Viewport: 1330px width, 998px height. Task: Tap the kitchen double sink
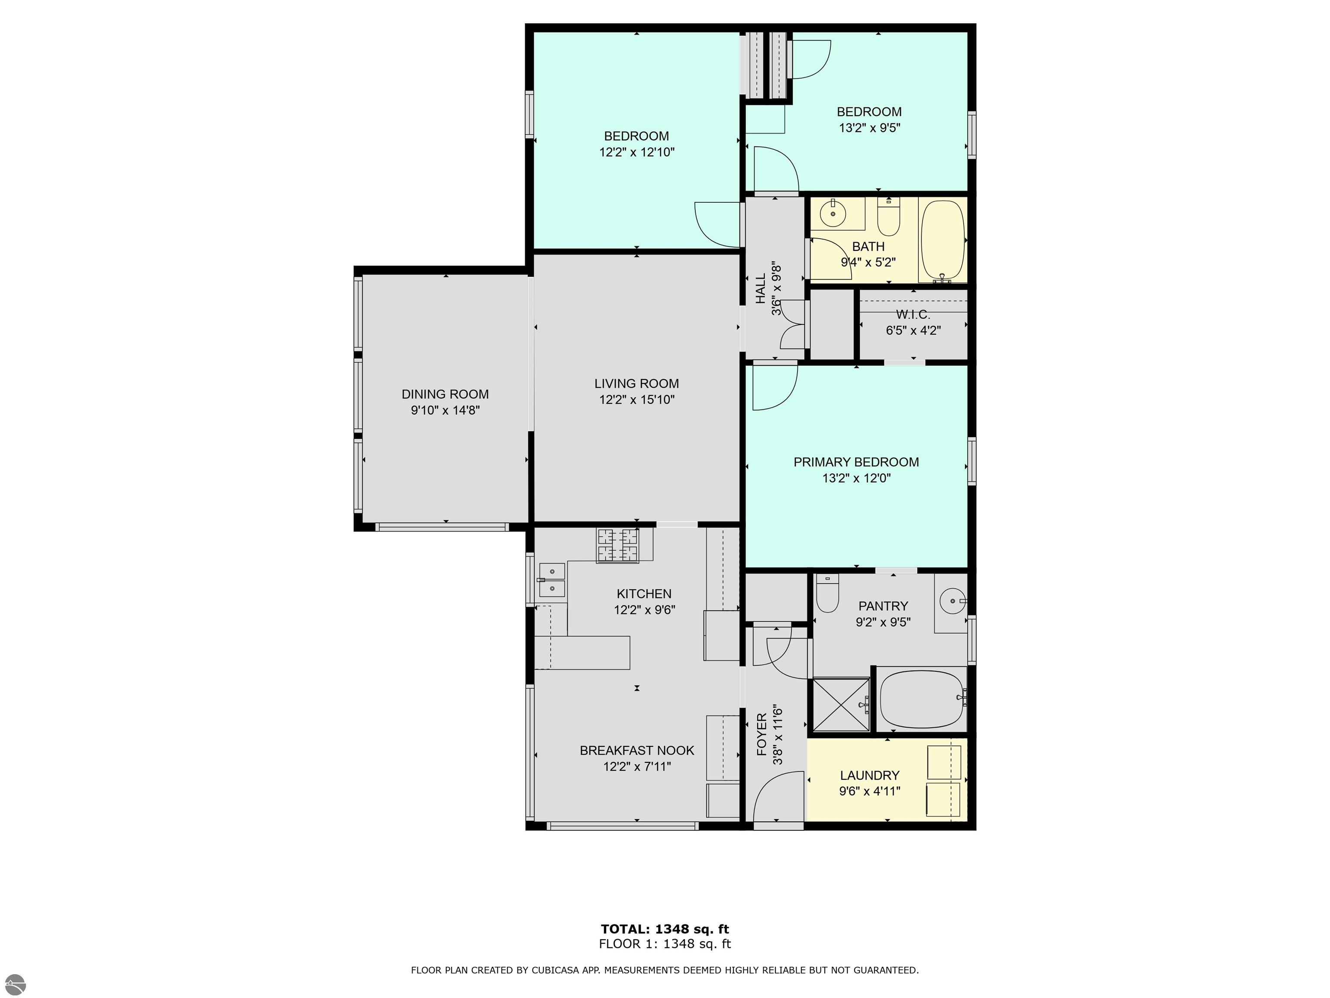coord(552,579)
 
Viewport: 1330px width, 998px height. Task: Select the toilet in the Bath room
coord(888,217)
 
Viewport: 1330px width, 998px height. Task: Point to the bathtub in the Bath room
coord(943,241)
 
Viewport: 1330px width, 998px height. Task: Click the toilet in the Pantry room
coord(827,593)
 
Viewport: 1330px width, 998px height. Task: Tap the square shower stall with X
coord(841,704)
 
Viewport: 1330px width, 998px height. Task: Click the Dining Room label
coord(445,394)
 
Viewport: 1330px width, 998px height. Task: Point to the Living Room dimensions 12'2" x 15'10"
coord(637,399)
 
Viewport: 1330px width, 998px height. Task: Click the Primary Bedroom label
coord(856,462)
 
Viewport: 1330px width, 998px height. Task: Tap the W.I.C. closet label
coord(913,314)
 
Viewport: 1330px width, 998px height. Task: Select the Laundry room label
coord(869,775)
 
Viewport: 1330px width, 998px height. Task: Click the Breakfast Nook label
coord(637,750)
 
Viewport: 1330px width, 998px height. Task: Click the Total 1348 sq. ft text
coord(665,929)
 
